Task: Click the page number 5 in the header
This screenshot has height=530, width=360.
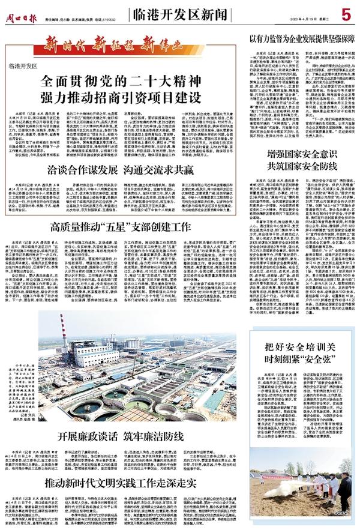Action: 346,13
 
